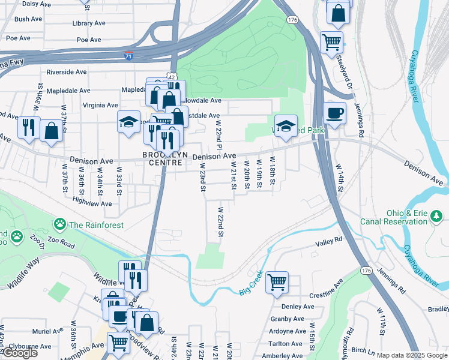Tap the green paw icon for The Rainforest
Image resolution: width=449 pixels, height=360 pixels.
click(x=59, y=225)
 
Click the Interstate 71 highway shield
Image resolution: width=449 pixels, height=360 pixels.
click(x=129, y=56)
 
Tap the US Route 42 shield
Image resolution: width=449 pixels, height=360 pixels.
click(x=172, y=77)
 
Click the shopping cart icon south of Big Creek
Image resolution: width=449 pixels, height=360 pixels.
click(x=277, y=281)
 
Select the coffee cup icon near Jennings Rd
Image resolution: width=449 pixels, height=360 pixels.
click(x=334, y=112)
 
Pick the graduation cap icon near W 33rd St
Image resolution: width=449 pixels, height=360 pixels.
click(x=128, y=122)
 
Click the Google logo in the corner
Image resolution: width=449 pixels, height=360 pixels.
click(x=20, y=353)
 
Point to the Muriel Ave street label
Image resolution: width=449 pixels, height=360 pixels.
click(x=49, y=331)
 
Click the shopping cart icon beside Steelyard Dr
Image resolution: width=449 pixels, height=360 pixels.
click(x=331, y=42)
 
